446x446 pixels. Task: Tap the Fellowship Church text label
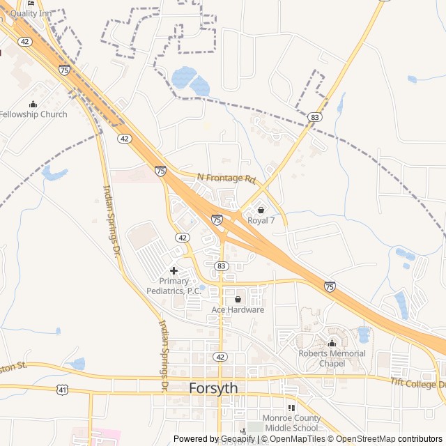pos(33,114)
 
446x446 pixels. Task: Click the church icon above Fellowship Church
pos(33,104)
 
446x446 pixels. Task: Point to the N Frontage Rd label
pos(226,178)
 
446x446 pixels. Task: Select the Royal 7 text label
pos(261,220)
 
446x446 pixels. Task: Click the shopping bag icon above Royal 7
pos(261,210)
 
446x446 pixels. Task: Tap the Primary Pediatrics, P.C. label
pos(174,286)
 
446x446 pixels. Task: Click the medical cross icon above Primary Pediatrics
pos(174,270)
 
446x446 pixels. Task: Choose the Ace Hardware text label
pos(238,309)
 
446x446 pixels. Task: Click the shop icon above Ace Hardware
pos(238,299)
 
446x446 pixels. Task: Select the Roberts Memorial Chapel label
pos(332,358)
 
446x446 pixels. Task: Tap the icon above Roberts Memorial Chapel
pos(332,343)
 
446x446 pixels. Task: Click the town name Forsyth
pos(214,388)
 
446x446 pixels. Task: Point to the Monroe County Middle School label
pos(291,423)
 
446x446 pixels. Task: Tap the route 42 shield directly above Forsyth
pos(220,357)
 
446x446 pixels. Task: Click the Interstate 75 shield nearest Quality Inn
pos(64,70)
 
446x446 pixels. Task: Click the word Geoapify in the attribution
pos(238,439)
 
